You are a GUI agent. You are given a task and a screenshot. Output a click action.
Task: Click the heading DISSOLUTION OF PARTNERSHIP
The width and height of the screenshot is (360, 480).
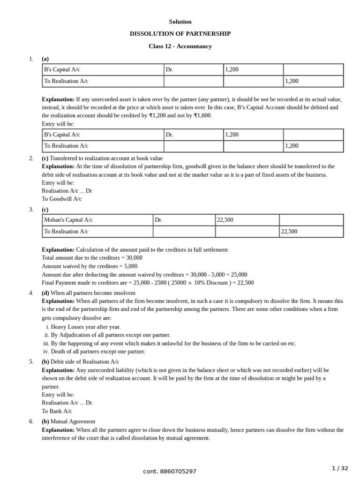(180, 34)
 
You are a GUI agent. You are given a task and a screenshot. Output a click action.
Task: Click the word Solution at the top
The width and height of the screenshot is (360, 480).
(180, 22)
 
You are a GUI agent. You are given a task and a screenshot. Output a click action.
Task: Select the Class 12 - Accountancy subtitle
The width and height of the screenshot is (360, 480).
(180, 46)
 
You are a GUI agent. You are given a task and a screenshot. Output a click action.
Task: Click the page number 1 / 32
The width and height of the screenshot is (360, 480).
(340, 468)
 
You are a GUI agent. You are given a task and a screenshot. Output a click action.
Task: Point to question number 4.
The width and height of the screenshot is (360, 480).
(31, 293)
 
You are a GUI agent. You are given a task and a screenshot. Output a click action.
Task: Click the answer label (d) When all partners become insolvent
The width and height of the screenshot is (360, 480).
(89, 293)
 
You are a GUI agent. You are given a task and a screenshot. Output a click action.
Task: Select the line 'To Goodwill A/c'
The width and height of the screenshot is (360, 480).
(61, 199)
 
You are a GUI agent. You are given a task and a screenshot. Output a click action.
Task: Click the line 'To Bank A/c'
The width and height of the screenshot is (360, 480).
(57, 411)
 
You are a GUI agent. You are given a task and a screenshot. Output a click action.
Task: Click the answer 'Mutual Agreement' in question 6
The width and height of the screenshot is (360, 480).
(73, 421)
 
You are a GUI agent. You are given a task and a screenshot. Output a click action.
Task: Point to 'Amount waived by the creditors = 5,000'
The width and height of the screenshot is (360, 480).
(90, 266)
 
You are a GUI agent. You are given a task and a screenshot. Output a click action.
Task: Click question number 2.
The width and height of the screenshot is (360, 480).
(31, 158)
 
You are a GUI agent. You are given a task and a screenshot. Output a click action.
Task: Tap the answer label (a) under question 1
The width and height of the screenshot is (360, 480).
(45, 59)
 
